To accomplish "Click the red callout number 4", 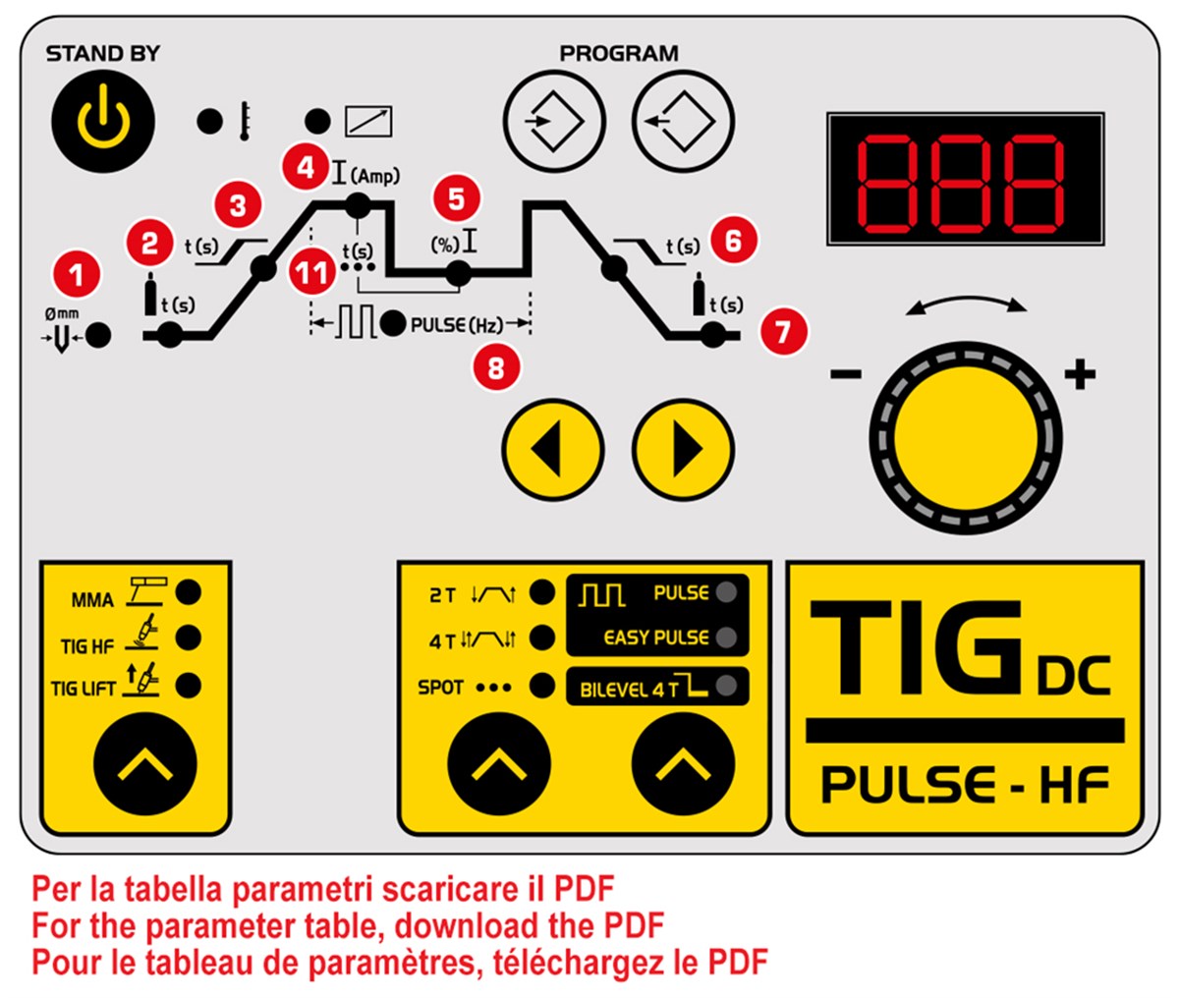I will point(306,167).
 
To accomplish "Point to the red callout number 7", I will point(782,330).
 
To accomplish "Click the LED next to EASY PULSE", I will point(726,638).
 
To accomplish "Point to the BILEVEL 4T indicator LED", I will point(726,687).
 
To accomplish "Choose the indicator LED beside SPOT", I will point(541,686).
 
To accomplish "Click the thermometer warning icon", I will point(242,122).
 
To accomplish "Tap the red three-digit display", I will point(962,180).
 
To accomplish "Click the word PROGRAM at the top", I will point(619,53).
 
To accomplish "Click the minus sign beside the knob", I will point(846,373).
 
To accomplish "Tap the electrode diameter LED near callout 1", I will point(98,335).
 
